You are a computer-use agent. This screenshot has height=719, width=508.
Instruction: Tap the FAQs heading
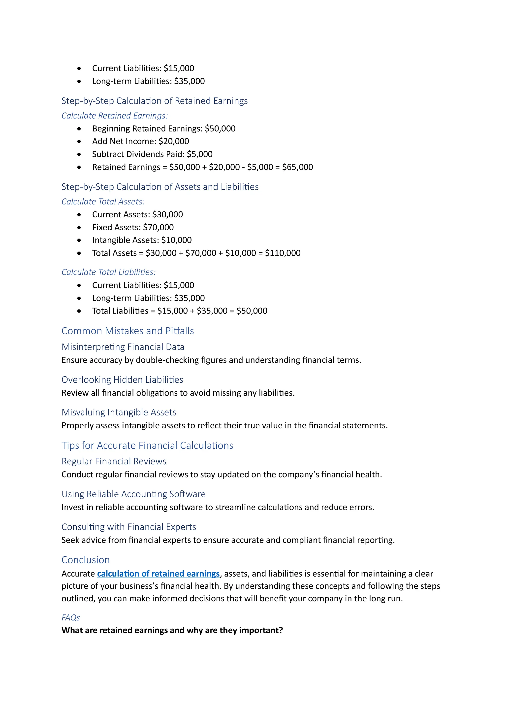[x=71, y=617]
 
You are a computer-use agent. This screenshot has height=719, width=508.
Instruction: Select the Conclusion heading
[x=85, y=560]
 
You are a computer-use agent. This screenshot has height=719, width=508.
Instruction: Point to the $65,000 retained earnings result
[x=297, y=167]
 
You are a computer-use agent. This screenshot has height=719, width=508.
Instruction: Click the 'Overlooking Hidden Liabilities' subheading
[x=122, y=379]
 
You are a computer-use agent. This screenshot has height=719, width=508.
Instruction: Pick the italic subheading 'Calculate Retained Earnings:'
[x=115, y=116]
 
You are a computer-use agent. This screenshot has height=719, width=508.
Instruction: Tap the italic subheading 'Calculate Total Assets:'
[x=103, y=201]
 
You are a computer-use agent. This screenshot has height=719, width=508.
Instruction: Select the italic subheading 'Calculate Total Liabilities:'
[x=108, y=272]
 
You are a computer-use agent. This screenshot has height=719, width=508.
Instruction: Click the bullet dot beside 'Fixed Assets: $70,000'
[x=79, y=227]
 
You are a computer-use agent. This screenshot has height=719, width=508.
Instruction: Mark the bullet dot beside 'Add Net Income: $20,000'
[x=79, y=141]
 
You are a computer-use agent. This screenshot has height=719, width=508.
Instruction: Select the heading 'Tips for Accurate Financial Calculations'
[x=147, y=445]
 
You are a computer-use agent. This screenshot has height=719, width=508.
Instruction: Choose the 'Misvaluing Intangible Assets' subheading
[x=119, y=412]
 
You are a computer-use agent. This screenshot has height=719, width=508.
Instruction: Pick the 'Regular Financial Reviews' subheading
[x=114, y=461]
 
